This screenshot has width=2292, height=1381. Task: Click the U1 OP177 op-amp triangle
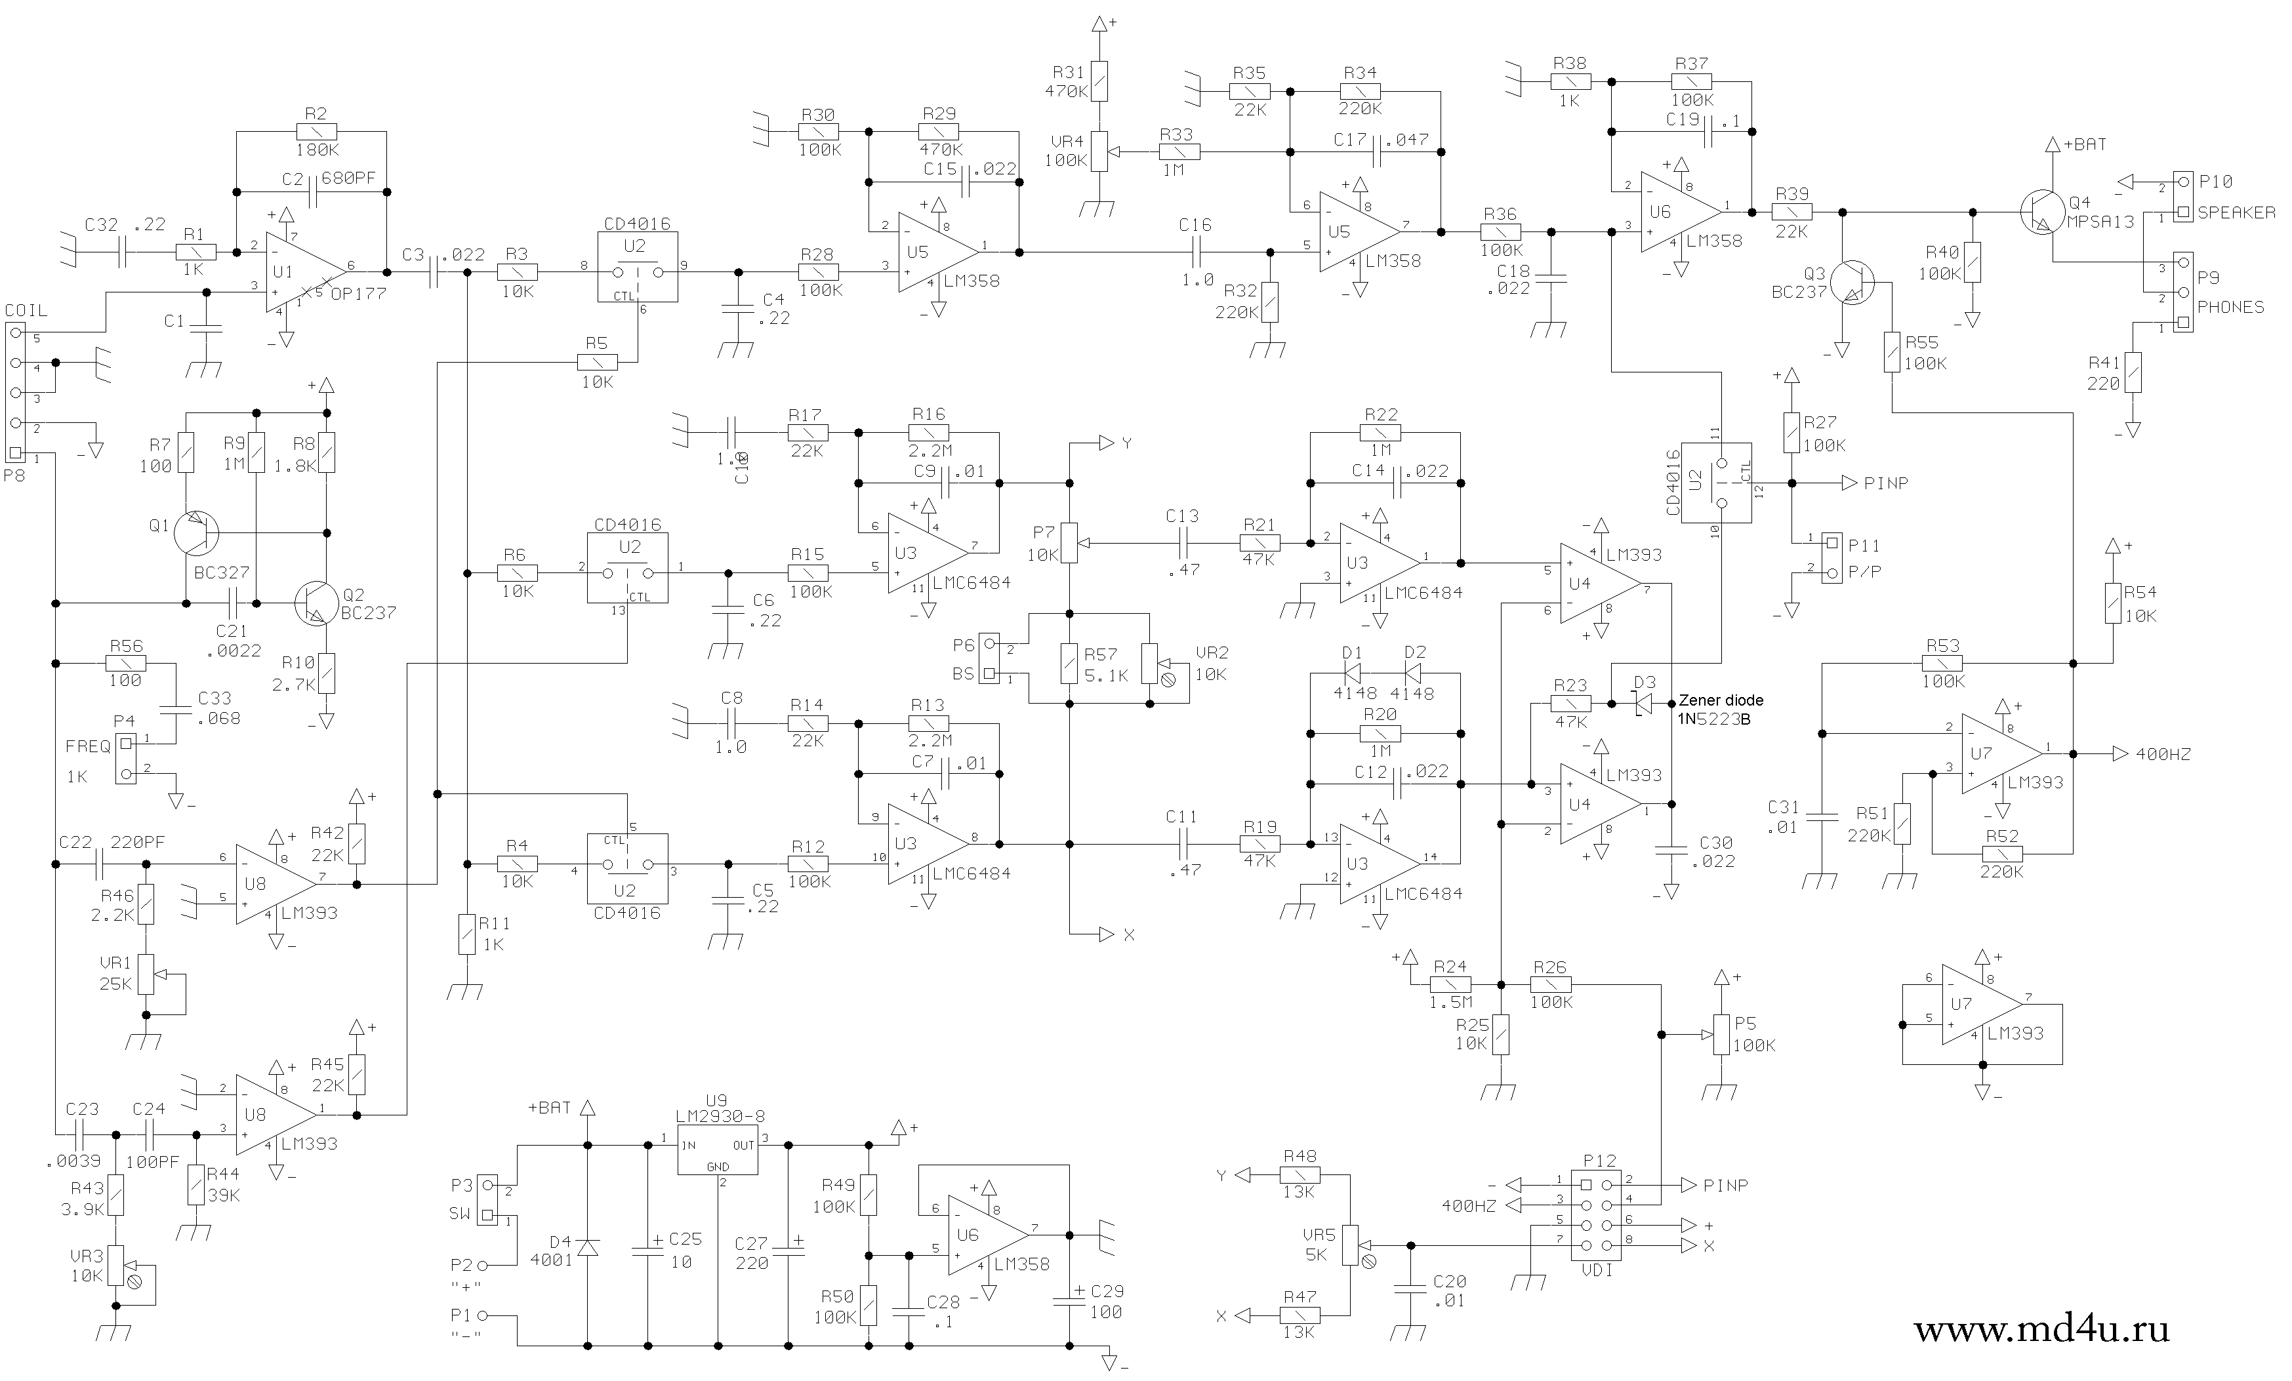[x=302, y=271]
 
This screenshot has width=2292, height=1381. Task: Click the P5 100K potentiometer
[x=1721, y=1035]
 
